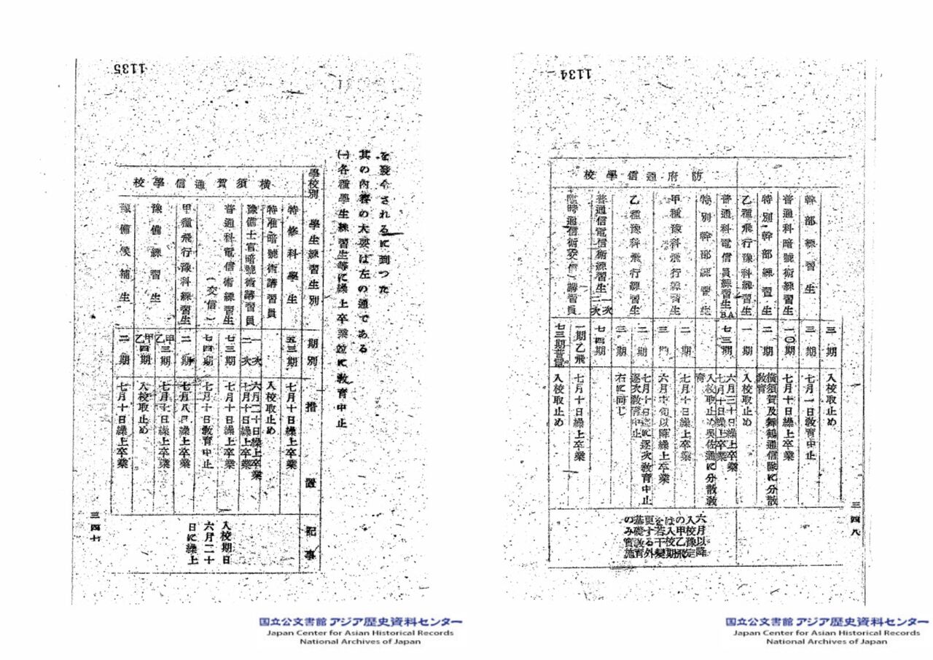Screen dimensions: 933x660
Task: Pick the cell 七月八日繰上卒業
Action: pos(185,423)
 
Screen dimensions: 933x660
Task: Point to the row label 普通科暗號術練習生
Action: pos(789,255)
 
